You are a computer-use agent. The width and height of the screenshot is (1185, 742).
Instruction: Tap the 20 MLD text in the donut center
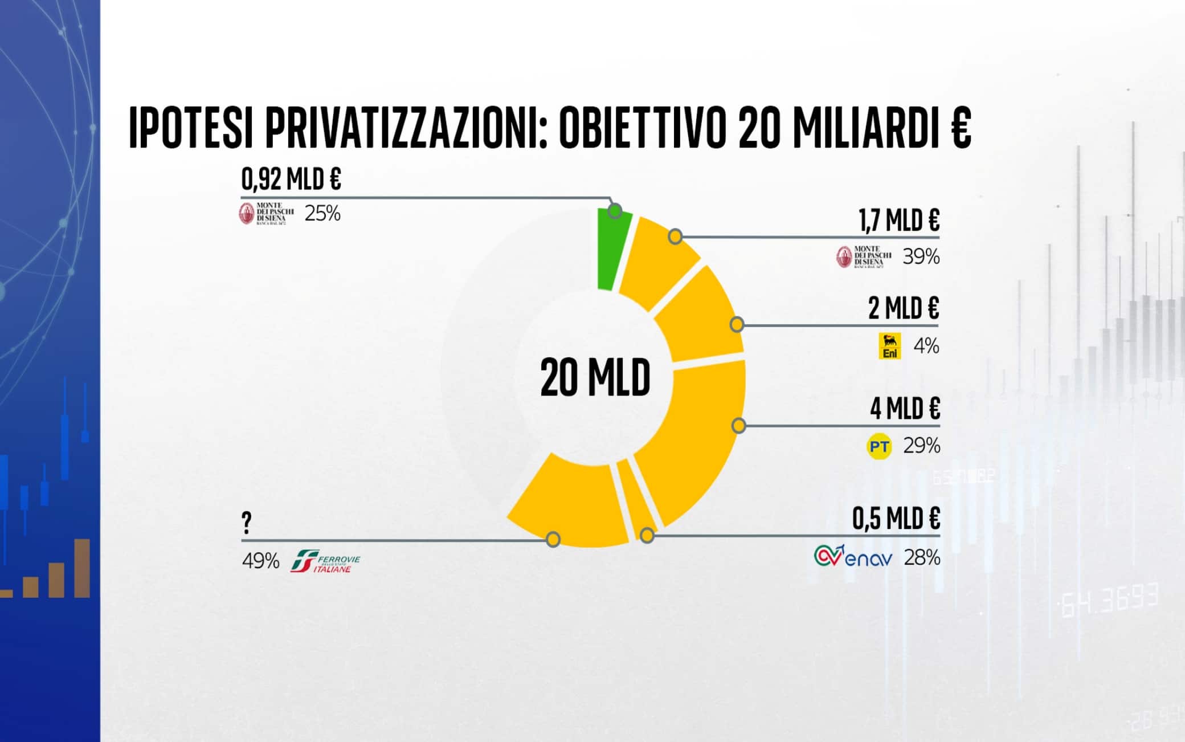point(595,378)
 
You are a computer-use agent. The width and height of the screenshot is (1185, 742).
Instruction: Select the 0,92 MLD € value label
point(291,180)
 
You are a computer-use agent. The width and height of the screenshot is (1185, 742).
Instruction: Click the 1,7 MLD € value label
point(899,220)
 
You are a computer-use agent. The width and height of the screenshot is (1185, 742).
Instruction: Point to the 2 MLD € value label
point(904,308)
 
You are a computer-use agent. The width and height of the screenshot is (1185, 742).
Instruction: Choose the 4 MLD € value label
point(905,408)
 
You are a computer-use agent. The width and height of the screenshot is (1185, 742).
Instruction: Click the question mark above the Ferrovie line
point(247,522)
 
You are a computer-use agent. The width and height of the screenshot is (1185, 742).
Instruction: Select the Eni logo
point(890,346)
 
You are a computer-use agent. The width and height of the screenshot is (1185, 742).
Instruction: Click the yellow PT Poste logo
point(879,446)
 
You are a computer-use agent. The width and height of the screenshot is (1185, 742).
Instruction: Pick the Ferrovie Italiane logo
point(325,561)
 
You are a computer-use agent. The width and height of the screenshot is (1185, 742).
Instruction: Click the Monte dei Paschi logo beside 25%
point(266,213)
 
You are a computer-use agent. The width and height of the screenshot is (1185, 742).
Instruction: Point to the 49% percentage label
point(260,561)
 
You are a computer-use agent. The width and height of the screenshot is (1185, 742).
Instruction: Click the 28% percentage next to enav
point(922,557)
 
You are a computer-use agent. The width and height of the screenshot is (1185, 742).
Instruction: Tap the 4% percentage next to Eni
point(926,346)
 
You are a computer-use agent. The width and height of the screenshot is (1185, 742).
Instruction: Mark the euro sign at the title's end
point(961,128)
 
